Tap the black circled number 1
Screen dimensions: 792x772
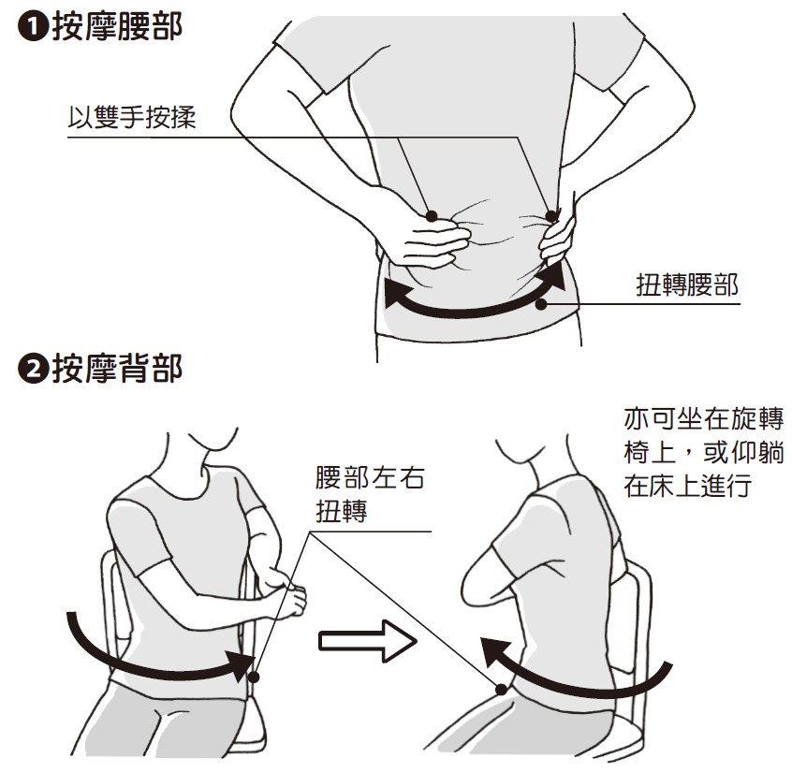tap(33, 27)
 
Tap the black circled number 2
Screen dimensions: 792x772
tap(33, 369)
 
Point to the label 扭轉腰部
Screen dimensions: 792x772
tap(687, 285)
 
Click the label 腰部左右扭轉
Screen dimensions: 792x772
tap(370, 494)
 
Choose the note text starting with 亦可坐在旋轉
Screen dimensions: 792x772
tap(704, 452)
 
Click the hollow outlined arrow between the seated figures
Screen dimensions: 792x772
tap(368, 641)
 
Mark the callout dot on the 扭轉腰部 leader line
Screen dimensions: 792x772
tap(541, 304)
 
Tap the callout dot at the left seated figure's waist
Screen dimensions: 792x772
tap(254, 677)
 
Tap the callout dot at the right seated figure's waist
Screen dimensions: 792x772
tap(501, 690)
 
